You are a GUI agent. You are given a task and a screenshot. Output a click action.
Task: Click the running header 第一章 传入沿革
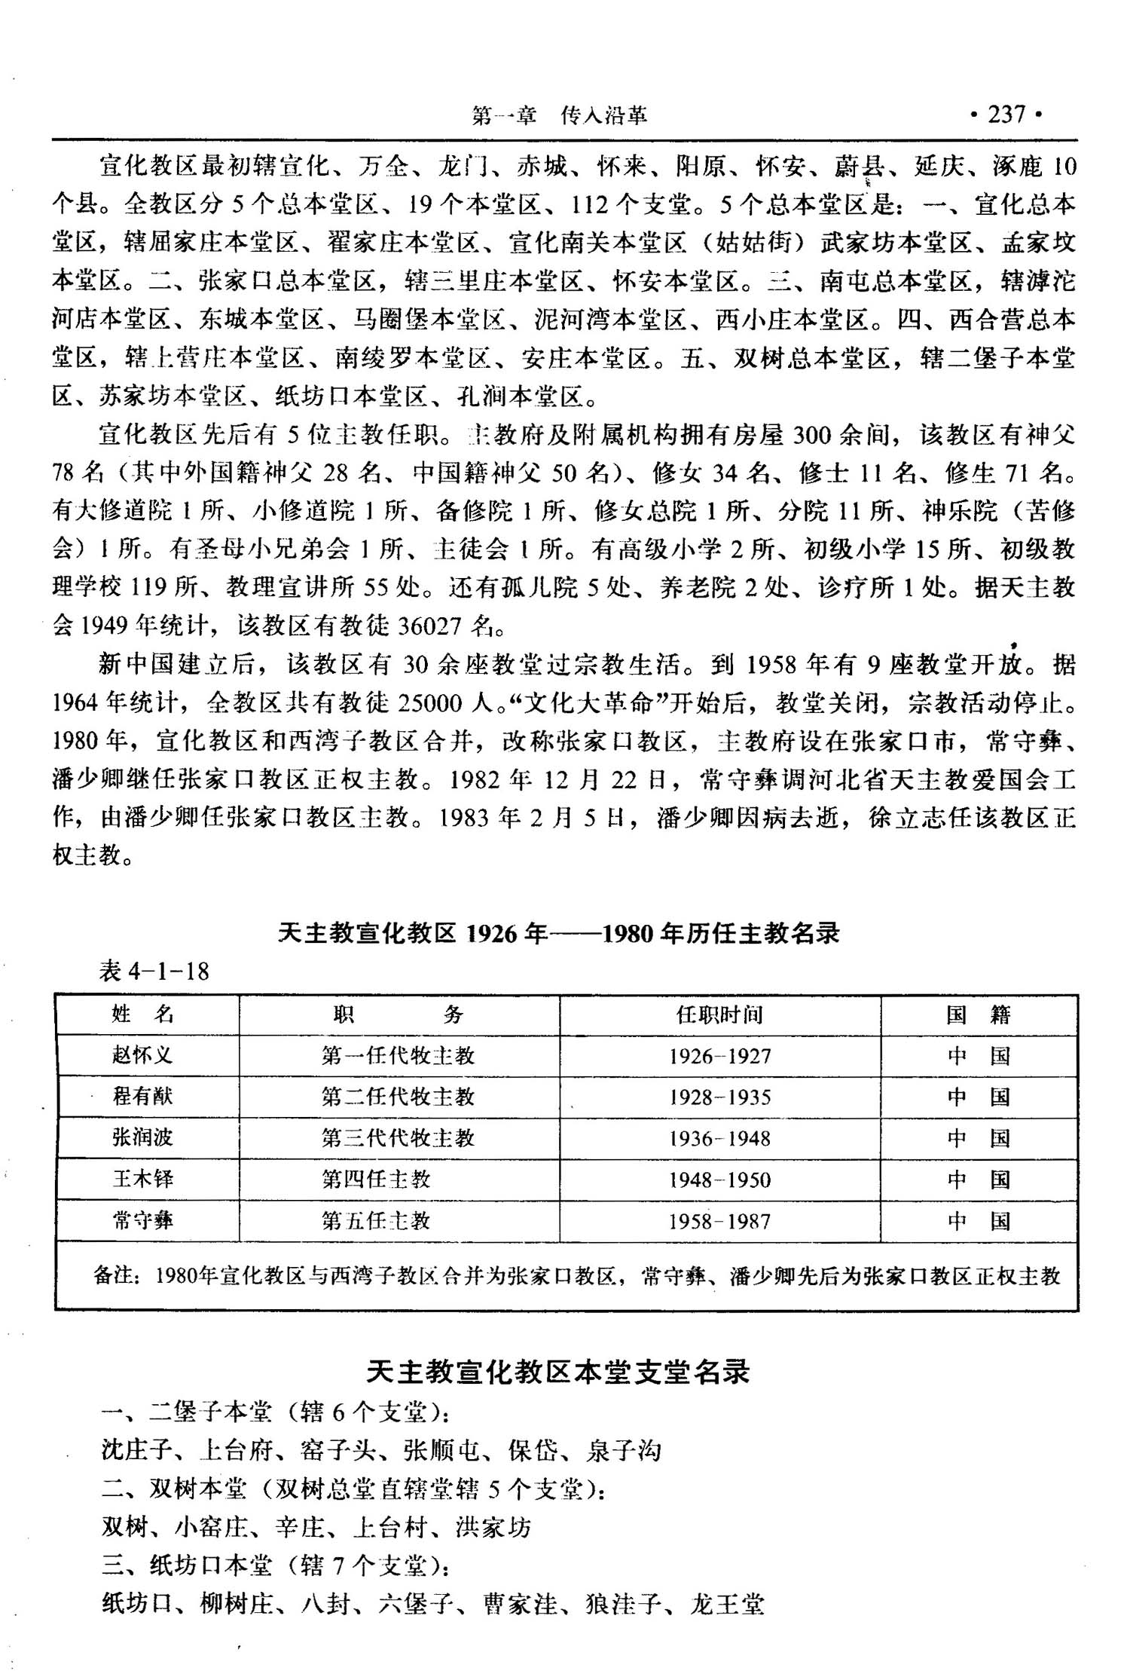pyautogui.click(x=559, y=115)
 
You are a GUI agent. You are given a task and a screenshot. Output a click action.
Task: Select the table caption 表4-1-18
pyautogui.click(x=154, y=971)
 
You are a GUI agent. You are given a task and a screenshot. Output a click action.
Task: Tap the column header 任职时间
pyautogui.click(x=719, y=1015)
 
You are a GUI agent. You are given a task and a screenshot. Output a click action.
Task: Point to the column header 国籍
pyautogui.click(x=978, y=1015)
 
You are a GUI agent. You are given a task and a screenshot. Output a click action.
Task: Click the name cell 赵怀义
pyautogui.click(x=142, y=1056)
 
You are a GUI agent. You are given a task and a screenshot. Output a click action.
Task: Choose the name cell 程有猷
pyautogui.click(x=142, y=1097)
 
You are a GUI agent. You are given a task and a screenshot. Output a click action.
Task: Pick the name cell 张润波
pyautogui.click(x=142, y=1137)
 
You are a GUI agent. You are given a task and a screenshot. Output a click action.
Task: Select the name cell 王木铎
pyautogui.click(x=142, y=1179)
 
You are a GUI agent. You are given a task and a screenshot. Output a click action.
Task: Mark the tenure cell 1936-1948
pyautogui.click(x=719, y=1138)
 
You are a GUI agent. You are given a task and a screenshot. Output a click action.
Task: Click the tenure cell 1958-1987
pyautogui.click(x=719, y=1221)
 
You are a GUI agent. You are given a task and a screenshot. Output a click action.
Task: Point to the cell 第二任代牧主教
pyautogui.click(x=398, y=1097)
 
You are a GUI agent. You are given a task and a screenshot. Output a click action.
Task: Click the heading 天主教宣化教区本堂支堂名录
pyautogui.click(x=558, y=1372)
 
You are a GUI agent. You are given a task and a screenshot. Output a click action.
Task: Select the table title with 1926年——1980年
pyautogui.click(x=558, y=934)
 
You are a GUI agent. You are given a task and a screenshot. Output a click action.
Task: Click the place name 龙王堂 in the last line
pyautogui.click(x=727, y=1604)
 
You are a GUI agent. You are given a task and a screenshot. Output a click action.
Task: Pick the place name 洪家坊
pyautogui.click(x=493, y=1527)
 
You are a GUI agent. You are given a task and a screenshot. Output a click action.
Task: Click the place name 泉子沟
pyautogui.click(x=623, y=1450)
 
